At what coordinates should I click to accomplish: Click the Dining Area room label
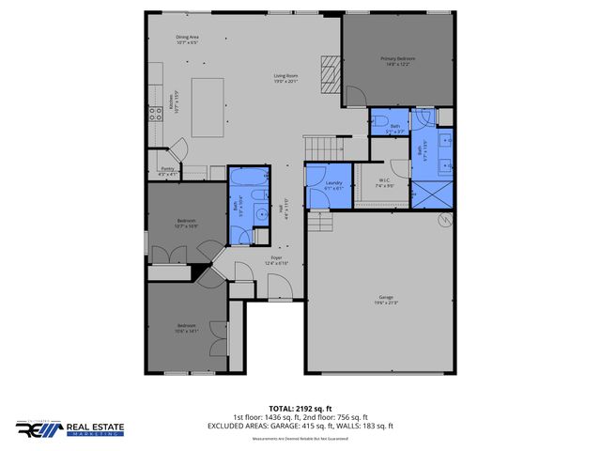(187, 39)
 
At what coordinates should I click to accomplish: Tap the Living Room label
(285, 78)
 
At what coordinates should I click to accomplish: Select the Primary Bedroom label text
(397, 61)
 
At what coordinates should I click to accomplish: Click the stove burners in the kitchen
(155, 115)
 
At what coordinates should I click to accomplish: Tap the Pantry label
(167, 171)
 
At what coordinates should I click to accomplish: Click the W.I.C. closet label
(384, 182)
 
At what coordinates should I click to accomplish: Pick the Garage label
(387, 300)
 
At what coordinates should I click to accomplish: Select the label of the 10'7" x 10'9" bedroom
(186, 224)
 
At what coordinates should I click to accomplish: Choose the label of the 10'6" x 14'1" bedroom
(186, 328)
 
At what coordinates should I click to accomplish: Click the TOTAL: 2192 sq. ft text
(299, 408)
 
